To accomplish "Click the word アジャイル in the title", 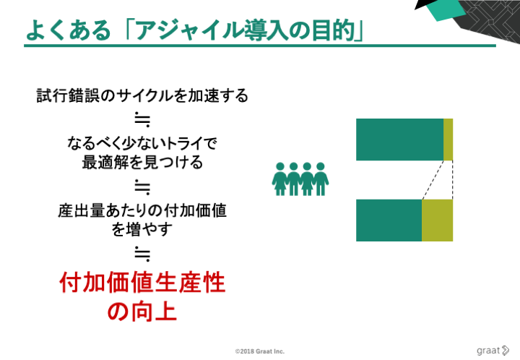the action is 191,30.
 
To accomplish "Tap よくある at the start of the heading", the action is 68,30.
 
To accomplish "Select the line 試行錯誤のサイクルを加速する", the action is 142,95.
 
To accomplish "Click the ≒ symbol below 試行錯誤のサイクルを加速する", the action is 142,120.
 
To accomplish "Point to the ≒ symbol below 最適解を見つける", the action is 142,187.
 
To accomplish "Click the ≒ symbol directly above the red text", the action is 142,254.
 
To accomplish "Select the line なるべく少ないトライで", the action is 142,144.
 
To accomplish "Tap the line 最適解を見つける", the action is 142,162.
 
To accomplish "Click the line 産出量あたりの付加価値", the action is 142,210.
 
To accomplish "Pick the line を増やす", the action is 142,229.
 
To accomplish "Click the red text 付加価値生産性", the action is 142,283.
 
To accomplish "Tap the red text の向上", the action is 142,311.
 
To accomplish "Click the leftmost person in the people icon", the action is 280,179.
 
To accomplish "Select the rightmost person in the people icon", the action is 321,179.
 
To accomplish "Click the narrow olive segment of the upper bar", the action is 448,140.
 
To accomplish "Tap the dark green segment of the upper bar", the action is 399,140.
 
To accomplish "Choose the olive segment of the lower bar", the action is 437,220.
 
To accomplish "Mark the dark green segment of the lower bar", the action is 389,220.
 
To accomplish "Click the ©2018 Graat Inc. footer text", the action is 260,351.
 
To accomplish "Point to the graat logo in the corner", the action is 493,351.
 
